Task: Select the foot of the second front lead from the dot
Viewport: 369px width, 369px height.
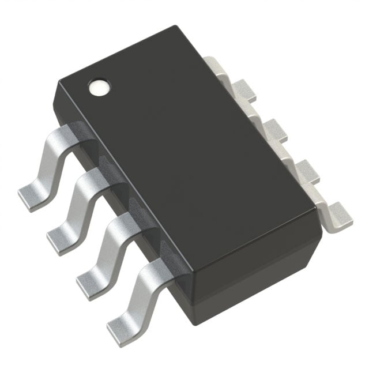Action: [x=60, y=236]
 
